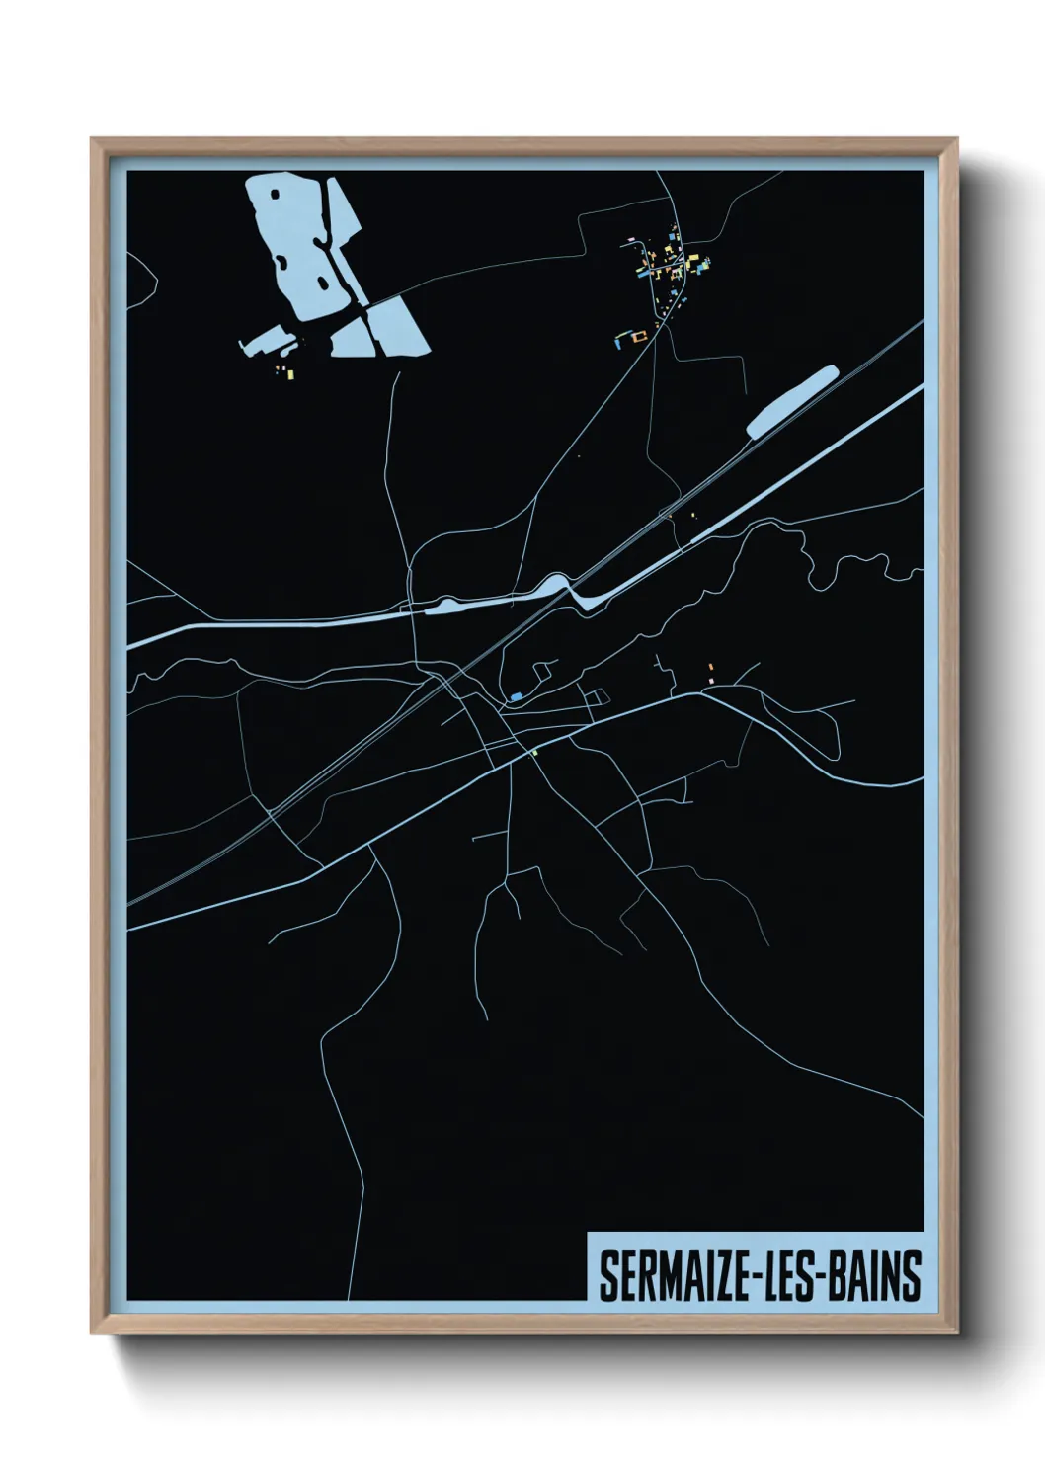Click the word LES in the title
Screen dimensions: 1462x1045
click(x=778, y=1277)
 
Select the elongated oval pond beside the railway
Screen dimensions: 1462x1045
click(x=792, y=400)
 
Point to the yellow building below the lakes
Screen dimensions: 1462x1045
click(x=289, y=372)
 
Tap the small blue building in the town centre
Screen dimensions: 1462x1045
click(x=516, y=697)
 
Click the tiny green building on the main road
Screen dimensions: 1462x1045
click(x=533, y=753)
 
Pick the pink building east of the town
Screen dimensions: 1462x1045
click(x=710, y=680)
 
